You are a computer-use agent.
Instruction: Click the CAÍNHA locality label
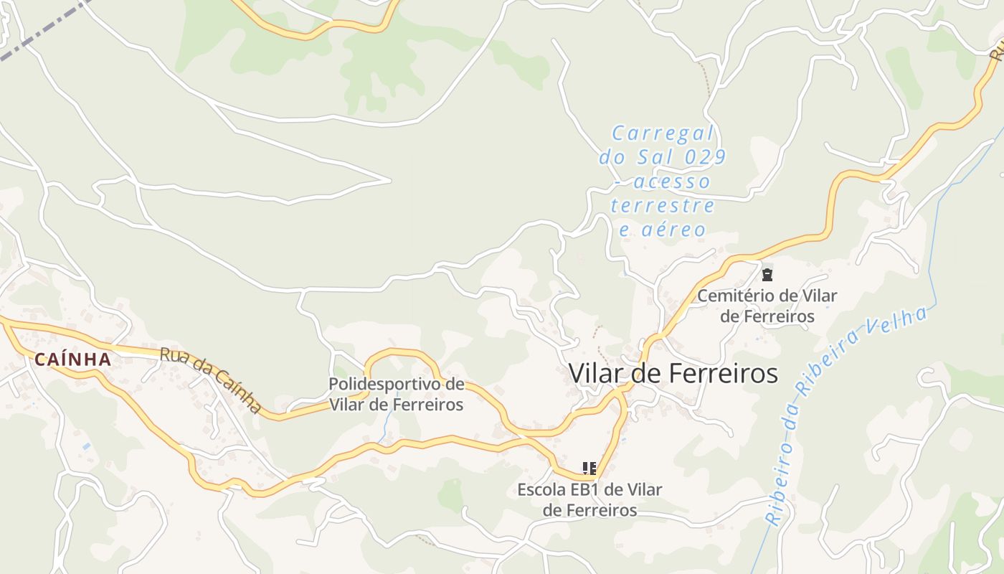click(72, 359)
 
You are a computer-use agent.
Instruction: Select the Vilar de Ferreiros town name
click(673, 373)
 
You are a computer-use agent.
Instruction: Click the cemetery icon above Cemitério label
click(767, 274)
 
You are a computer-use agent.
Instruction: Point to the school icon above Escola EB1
click(589, 469)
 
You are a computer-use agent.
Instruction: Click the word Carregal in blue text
click(663, 133)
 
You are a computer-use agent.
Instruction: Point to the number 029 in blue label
click(704, 157)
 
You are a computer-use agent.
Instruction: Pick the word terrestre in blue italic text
click(663, 206)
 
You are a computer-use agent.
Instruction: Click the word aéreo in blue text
click(673, 230)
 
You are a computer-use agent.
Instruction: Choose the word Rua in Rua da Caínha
click(172, 356)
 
